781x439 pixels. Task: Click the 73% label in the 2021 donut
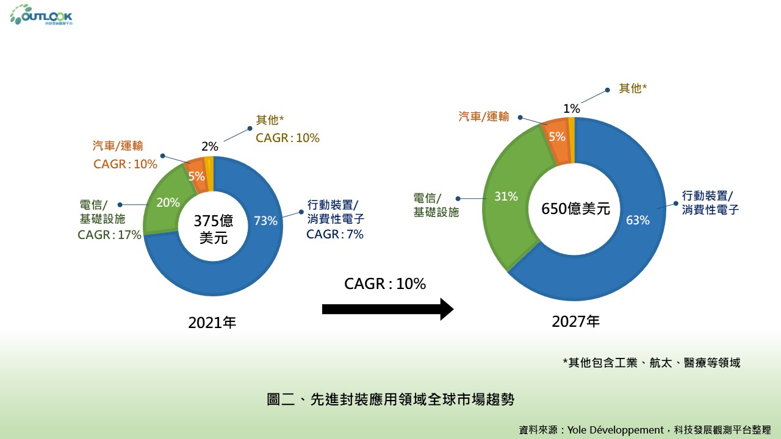coord(265,221)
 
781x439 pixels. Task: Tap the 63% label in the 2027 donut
coord(638,220)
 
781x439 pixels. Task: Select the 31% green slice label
coord(506,196)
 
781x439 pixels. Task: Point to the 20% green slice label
coord(168,202)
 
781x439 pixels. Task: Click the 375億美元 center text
coord(214,229)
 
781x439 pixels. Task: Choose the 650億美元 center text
coord(576,209)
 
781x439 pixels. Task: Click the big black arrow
coord(387,309)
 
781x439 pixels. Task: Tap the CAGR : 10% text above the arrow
coord(385,284)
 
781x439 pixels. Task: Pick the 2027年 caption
coord(576,321)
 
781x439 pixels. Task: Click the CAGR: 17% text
coord(110,235)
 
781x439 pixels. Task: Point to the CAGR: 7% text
coord(335,234)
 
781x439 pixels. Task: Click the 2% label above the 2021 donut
coord(210,146)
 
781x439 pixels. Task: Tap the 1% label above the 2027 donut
coord(572,109)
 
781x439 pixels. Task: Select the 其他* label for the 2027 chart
coord(633,88)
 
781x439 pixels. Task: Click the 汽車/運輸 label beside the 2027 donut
coord(484,116)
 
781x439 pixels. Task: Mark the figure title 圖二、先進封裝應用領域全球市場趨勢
coord(391,400)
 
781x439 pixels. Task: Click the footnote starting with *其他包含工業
coord(651,363)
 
